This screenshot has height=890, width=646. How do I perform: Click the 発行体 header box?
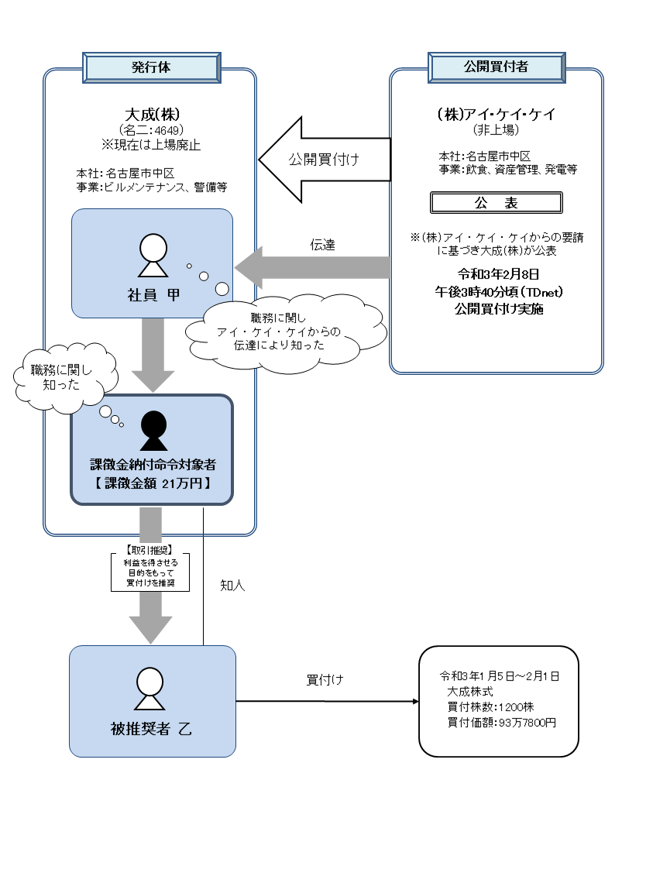tap(150, 67)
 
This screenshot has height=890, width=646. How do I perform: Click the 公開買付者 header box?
tap(496, 67)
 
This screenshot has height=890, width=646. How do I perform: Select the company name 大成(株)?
tap(150, 113)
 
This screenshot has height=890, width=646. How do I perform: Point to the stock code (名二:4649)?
tap(150, 129)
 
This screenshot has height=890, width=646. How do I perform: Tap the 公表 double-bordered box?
tap(496, 203)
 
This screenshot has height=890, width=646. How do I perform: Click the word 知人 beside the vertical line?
tap(232, 586)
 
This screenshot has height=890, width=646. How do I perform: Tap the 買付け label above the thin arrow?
tap(325, 681)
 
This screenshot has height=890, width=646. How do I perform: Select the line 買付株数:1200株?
tap(490, 706)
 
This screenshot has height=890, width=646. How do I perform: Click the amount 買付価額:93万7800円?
tap(500, 722)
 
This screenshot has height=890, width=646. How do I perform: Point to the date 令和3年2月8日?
tap(497, 274)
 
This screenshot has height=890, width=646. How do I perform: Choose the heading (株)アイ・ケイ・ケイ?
tap(496, 114)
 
